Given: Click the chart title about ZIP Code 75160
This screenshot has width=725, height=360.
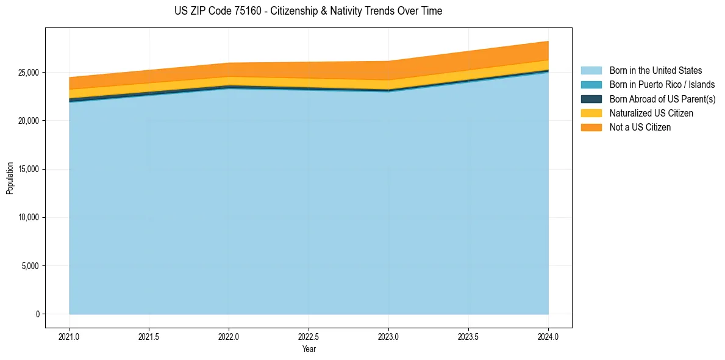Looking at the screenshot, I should [308, 11].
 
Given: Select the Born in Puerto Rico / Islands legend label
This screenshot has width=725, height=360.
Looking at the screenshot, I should [662, 85].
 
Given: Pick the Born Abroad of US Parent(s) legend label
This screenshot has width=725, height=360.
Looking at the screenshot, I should [662, 99].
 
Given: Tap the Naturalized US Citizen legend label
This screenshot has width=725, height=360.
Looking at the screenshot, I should [651, 113].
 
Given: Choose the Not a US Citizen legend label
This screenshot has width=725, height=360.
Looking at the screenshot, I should [640, 128].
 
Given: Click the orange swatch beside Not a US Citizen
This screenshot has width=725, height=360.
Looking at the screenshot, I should [591, 128].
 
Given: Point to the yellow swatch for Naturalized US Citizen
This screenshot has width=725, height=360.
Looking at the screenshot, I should [591, 113].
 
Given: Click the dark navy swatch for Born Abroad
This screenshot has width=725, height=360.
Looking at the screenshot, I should [591, 99].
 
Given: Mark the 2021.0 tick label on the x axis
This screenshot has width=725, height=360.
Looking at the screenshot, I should [69, 336].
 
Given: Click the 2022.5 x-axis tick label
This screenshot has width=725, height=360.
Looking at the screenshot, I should [309, 336].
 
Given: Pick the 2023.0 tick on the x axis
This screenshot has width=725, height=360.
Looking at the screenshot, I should [388, 336].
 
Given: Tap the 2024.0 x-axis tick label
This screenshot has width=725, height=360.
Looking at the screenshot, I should [548, 336].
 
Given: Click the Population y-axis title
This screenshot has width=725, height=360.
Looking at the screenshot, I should [10, 178].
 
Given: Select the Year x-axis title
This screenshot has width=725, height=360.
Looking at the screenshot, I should [309, 350].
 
